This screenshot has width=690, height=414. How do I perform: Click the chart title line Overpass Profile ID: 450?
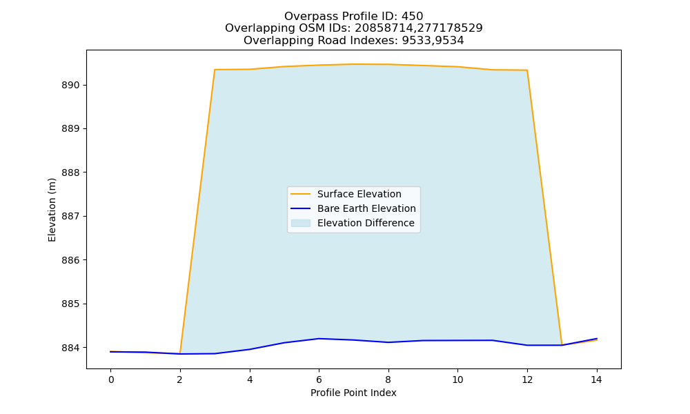[353, 17]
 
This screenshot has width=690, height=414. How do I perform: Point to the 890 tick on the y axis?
[70, 86]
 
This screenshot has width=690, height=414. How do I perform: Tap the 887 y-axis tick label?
[70, 217]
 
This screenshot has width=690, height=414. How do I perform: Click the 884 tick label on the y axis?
[70, 348]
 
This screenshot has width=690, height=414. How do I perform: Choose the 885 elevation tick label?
[70, 304]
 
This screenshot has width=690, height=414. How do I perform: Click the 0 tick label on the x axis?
[111, 379]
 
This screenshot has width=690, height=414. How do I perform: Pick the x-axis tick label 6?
[319, 379]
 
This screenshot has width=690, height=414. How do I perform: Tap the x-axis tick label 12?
[527, 379]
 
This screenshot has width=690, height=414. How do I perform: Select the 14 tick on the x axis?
[596, 379]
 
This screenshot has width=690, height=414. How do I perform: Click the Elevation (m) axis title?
[52, 210]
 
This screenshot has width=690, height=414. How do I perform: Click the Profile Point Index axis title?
[353, 393]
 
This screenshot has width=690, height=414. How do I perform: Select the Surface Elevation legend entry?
[359, 194]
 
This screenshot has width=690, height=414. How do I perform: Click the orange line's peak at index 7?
[353, 64]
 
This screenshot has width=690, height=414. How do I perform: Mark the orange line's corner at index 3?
[215, 70]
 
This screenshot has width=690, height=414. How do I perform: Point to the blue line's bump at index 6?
[319, 339]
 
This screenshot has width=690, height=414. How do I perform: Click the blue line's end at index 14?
[597, 339]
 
